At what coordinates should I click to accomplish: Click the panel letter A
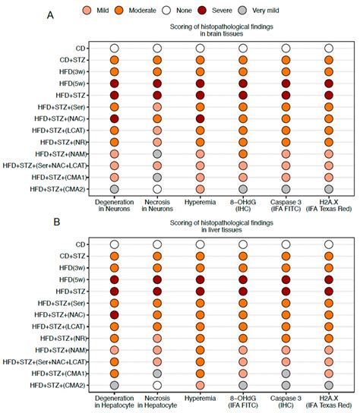point(51,15)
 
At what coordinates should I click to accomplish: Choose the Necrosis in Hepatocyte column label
point(157,400)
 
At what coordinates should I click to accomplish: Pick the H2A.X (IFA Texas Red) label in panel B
point(328,400)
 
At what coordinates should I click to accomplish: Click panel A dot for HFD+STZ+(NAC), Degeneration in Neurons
point(114,119)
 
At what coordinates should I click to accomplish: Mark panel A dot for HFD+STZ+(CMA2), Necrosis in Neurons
point(157,188)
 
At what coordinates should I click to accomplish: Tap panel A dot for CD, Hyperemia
point(200,49)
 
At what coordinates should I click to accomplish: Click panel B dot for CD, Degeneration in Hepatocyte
point(114,244)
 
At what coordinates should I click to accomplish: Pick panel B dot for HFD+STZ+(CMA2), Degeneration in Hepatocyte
point(114,385)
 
